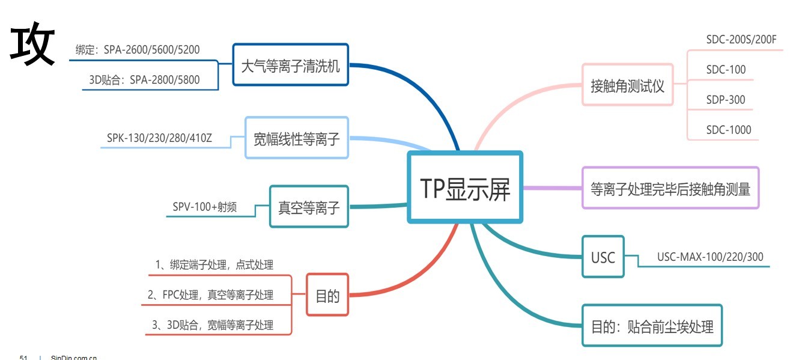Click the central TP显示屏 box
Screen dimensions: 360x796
click(465, 188)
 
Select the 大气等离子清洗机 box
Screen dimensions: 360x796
click(290, 65)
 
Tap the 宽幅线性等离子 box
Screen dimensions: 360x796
click(297, 138)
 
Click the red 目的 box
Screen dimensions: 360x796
click(327, 294)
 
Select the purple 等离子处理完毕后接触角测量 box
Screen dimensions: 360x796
click(670, 188)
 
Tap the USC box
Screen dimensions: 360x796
click(603, 257)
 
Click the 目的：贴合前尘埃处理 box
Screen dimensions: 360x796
click(652, 326)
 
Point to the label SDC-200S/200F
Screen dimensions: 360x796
click(741, 40)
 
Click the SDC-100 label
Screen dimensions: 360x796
click(726, 70)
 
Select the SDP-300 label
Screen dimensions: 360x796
click(725, 99)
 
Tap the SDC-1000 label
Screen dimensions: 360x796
click(728, 129)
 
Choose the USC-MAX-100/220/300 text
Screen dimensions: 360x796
click(710, 257)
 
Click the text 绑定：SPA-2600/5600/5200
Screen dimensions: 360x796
click(146, 49)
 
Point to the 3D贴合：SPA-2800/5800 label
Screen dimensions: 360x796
click(148, 79)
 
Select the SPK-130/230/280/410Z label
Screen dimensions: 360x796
click(159, 138)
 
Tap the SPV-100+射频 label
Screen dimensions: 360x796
click(204, 207)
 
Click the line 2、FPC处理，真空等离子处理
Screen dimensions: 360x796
click(210, 294)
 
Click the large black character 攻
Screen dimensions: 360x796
click(33, 45)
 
